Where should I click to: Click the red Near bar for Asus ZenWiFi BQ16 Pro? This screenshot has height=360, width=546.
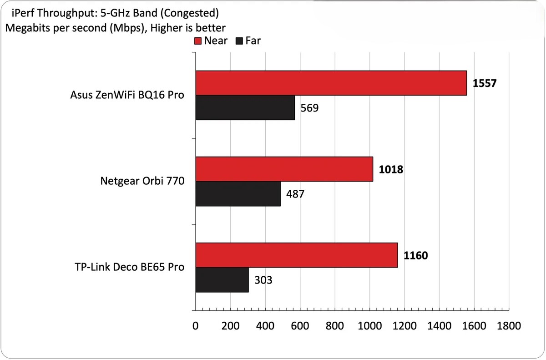(x=331, y=83)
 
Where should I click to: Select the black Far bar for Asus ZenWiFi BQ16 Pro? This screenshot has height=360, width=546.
(x=245, y=107)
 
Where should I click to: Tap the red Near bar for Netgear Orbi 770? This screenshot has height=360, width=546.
(x=284, y=169)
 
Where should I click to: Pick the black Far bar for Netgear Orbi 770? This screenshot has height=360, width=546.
(x=238, y=194)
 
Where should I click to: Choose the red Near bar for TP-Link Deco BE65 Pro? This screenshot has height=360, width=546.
(x=297, y=255)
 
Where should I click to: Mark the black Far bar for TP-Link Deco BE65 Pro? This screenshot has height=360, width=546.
(x=222, y=280)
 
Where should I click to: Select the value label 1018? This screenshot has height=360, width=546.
(x=391, y=170)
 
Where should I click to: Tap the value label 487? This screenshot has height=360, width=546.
(x=295, y=194)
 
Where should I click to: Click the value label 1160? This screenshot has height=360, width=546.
(x=415, y=256)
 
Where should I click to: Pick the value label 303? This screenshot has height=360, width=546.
(x=263, y=280)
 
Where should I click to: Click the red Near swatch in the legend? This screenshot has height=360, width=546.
(x=198, y=41)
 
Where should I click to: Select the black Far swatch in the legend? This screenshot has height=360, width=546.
(x=240, y=41)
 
